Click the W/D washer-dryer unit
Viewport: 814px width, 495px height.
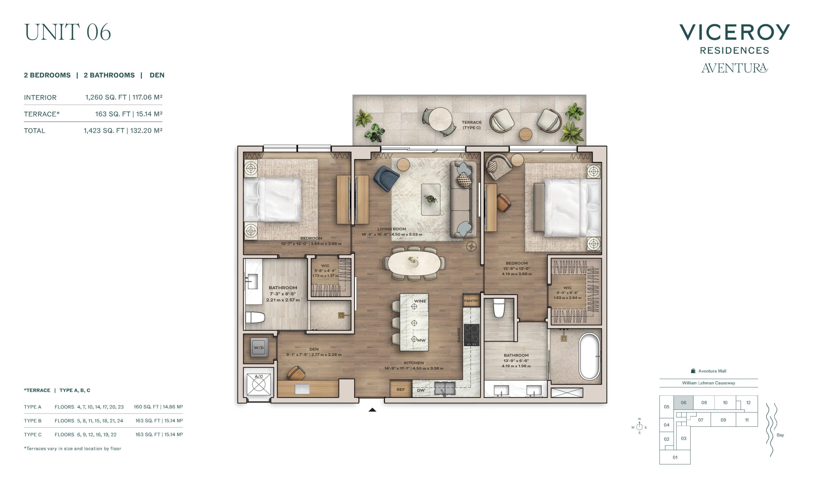[259, 347]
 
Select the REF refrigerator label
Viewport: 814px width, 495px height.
[401, 390]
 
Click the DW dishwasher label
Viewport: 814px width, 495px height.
[421, 390]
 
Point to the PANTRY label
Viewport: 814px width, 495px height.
[472, 301]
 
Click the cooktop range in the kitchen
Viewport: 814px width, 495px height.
[472, 335]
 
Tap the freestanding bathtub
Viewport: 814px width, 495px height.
[590, 356]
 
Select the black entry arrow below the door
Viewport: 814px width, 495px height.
[372, 410]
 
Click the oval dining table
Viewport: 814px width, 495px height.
[414, 263]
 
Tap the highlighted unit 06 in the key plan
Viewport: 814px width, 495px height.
[684, 403]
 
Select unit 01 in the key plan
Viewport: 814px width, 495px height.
[675, 457]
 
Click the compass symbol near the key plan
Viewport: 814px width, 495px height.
[639, 426]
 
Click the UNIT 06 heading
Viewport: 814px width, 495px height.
[67, 32]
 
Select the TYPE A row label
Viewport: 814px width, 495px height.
[33, 407]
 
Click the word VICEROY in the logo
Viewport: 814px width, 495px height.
[735, 32]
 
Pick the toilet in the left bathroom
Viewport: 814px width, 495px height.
[255, 318]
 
